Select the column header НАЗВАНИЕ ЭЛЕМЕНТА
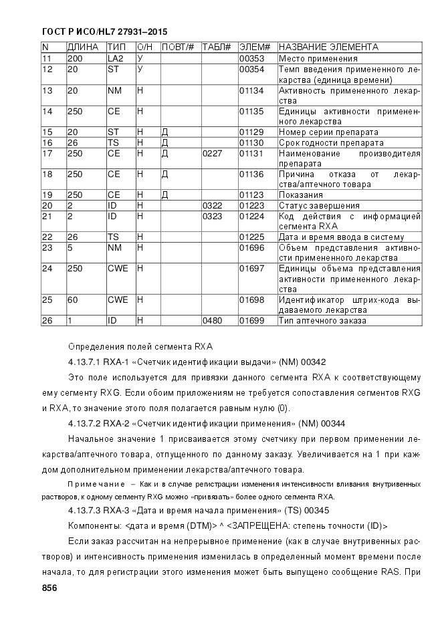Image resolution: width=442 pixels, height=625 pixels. (328, 47)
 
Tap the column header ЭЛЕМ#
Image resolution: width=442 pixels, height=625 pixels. (253, 47)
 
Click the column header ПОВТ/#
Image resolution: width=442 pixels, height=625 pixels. (177, 47)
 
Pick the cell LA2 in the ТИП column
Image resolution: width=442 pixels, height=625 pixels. (116, 59)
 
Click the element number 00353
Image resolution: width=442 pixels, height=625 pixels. (251, 59)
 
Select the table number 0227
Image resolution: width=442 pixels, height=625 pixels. (211, 153)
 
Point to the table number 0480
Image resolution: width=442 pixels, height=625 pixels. (211, 320)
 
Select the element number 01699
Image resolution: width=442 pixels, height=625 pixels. (251, 320)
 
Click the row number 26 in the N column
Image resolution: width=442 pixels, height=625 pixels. (47, 320)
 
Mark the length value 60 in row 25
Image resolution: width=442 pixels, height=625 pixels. (72, 299)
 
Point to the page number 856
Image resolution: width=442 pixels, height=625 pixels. (49, 588)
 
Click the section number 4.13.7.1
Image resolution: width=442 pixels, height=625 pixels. (86, 362)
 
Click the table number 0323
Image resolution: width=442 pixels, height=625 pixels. (211, 216)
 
